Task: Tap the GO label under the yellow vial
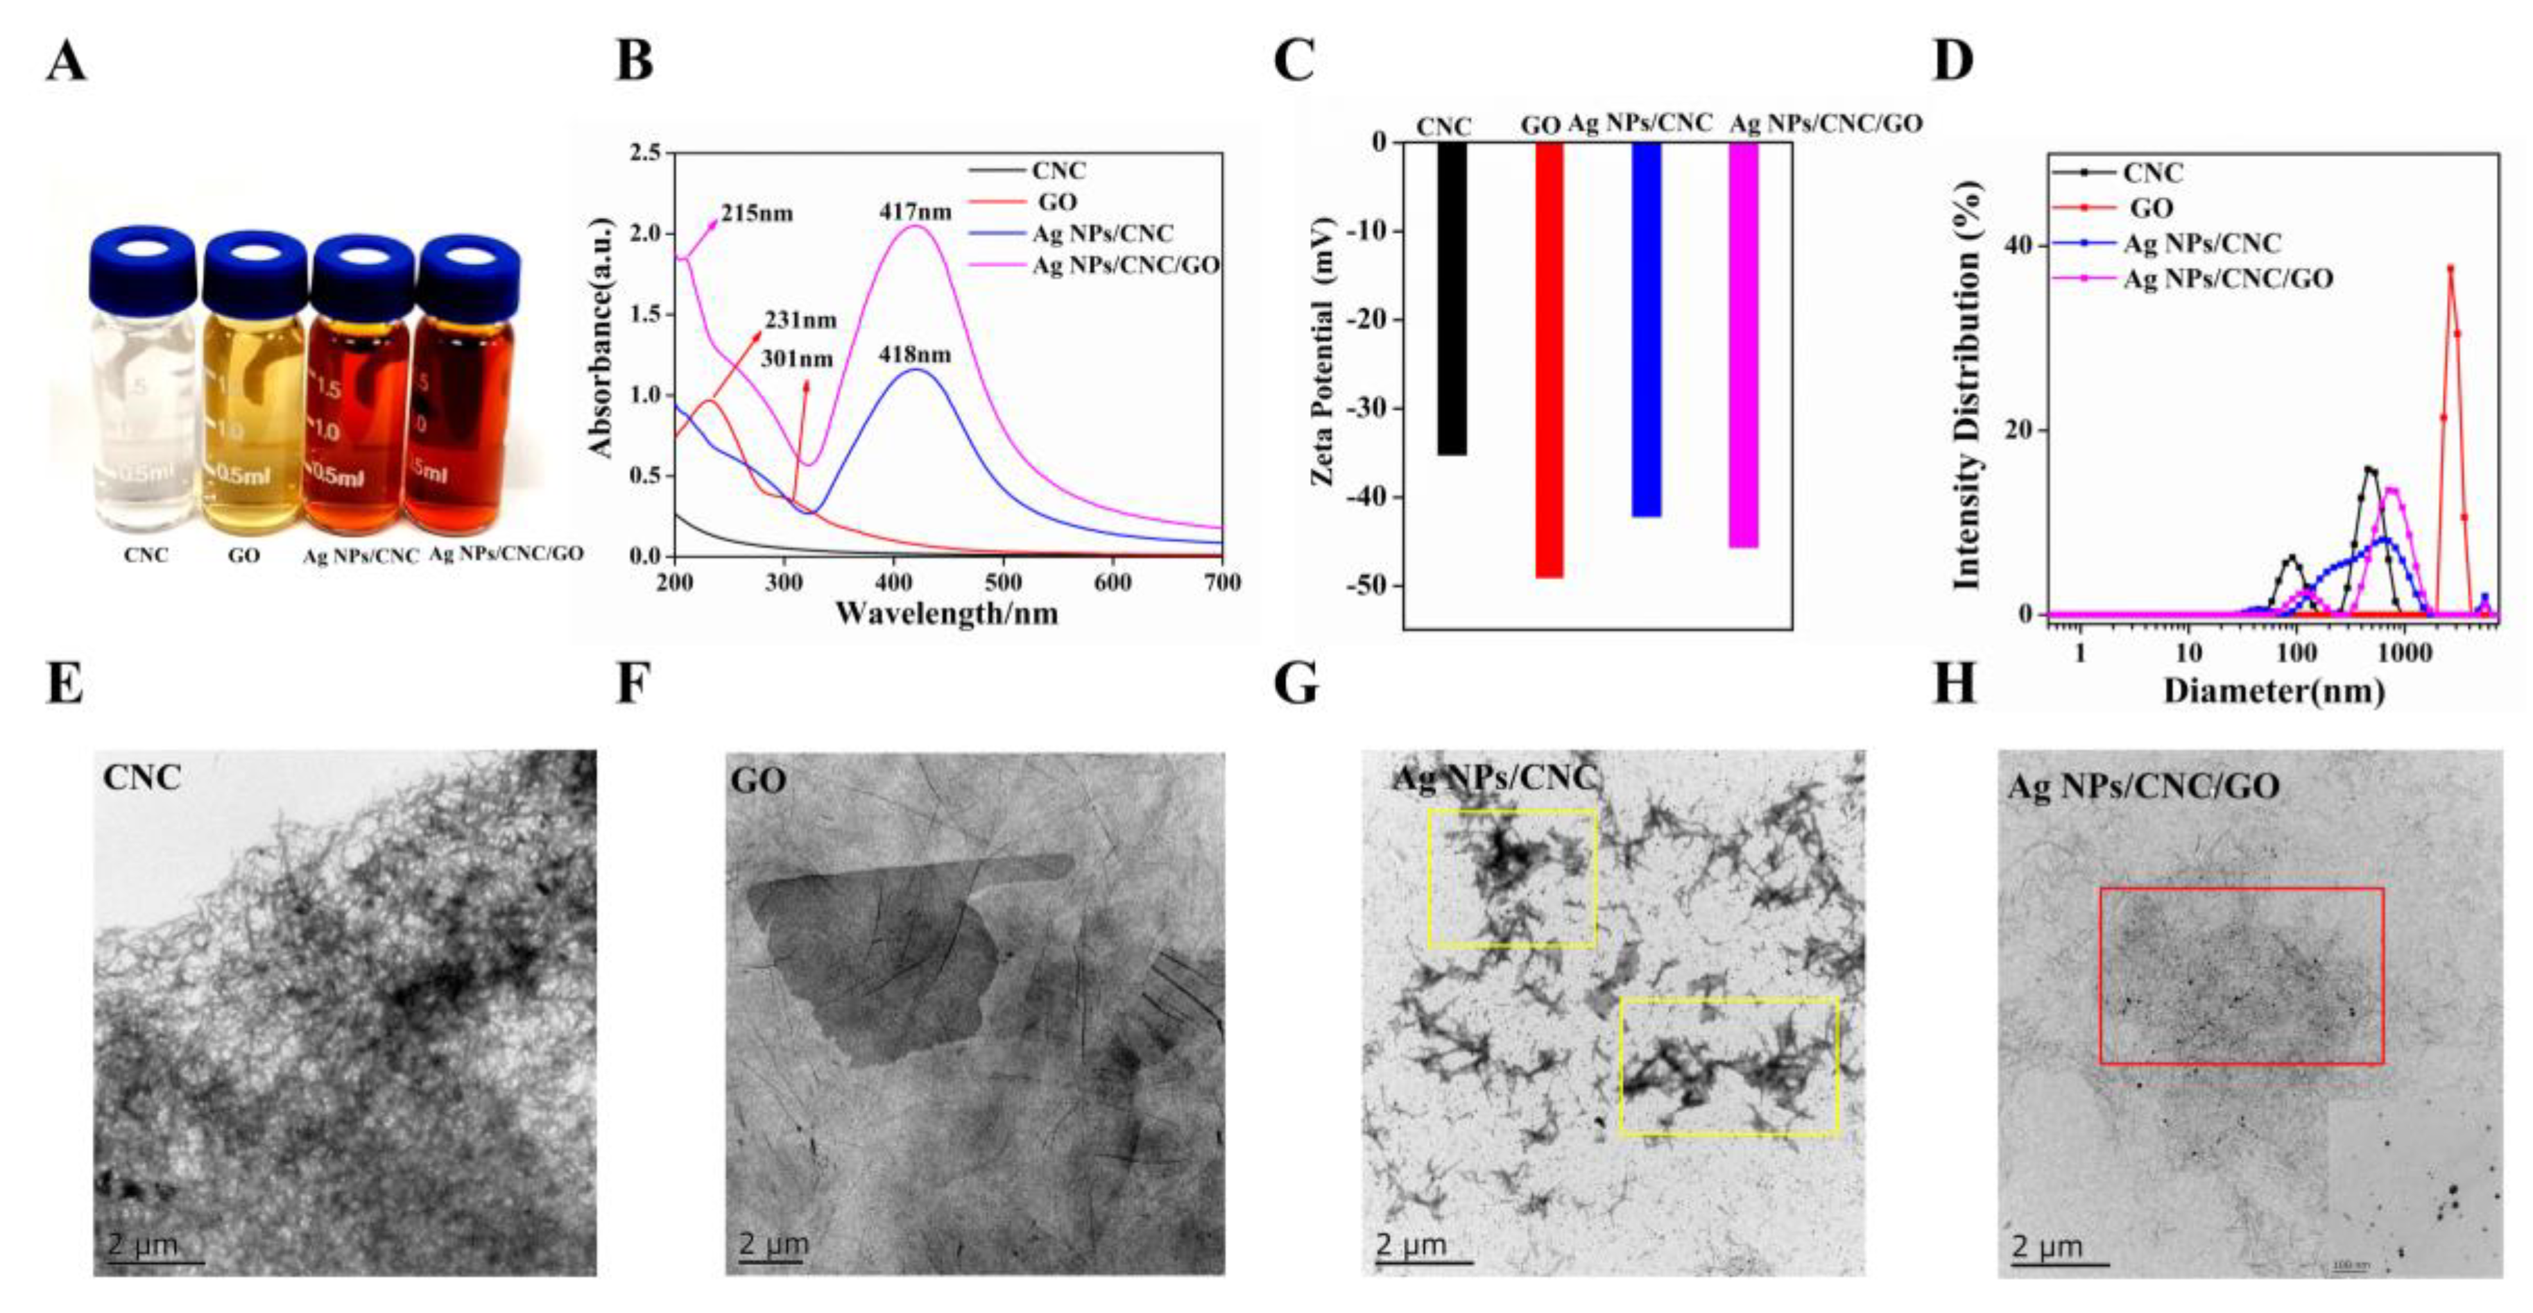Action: (x=244, y=556)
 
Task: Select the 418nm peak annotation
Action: (x=916, y=354)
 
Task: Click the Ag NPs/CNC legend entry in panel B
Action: (x=1101, y=234)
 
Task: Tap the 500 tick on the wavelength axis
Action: (x=1003, y=582)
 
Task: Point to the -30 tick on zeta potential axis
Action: (x=1373, y=408)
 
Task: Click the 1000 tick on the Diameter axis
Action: (x=2403, y=653)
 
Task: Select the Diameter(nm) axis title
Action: (x=2274, y=691)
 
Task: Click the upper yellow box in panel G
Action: (x=1511, y=879)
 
